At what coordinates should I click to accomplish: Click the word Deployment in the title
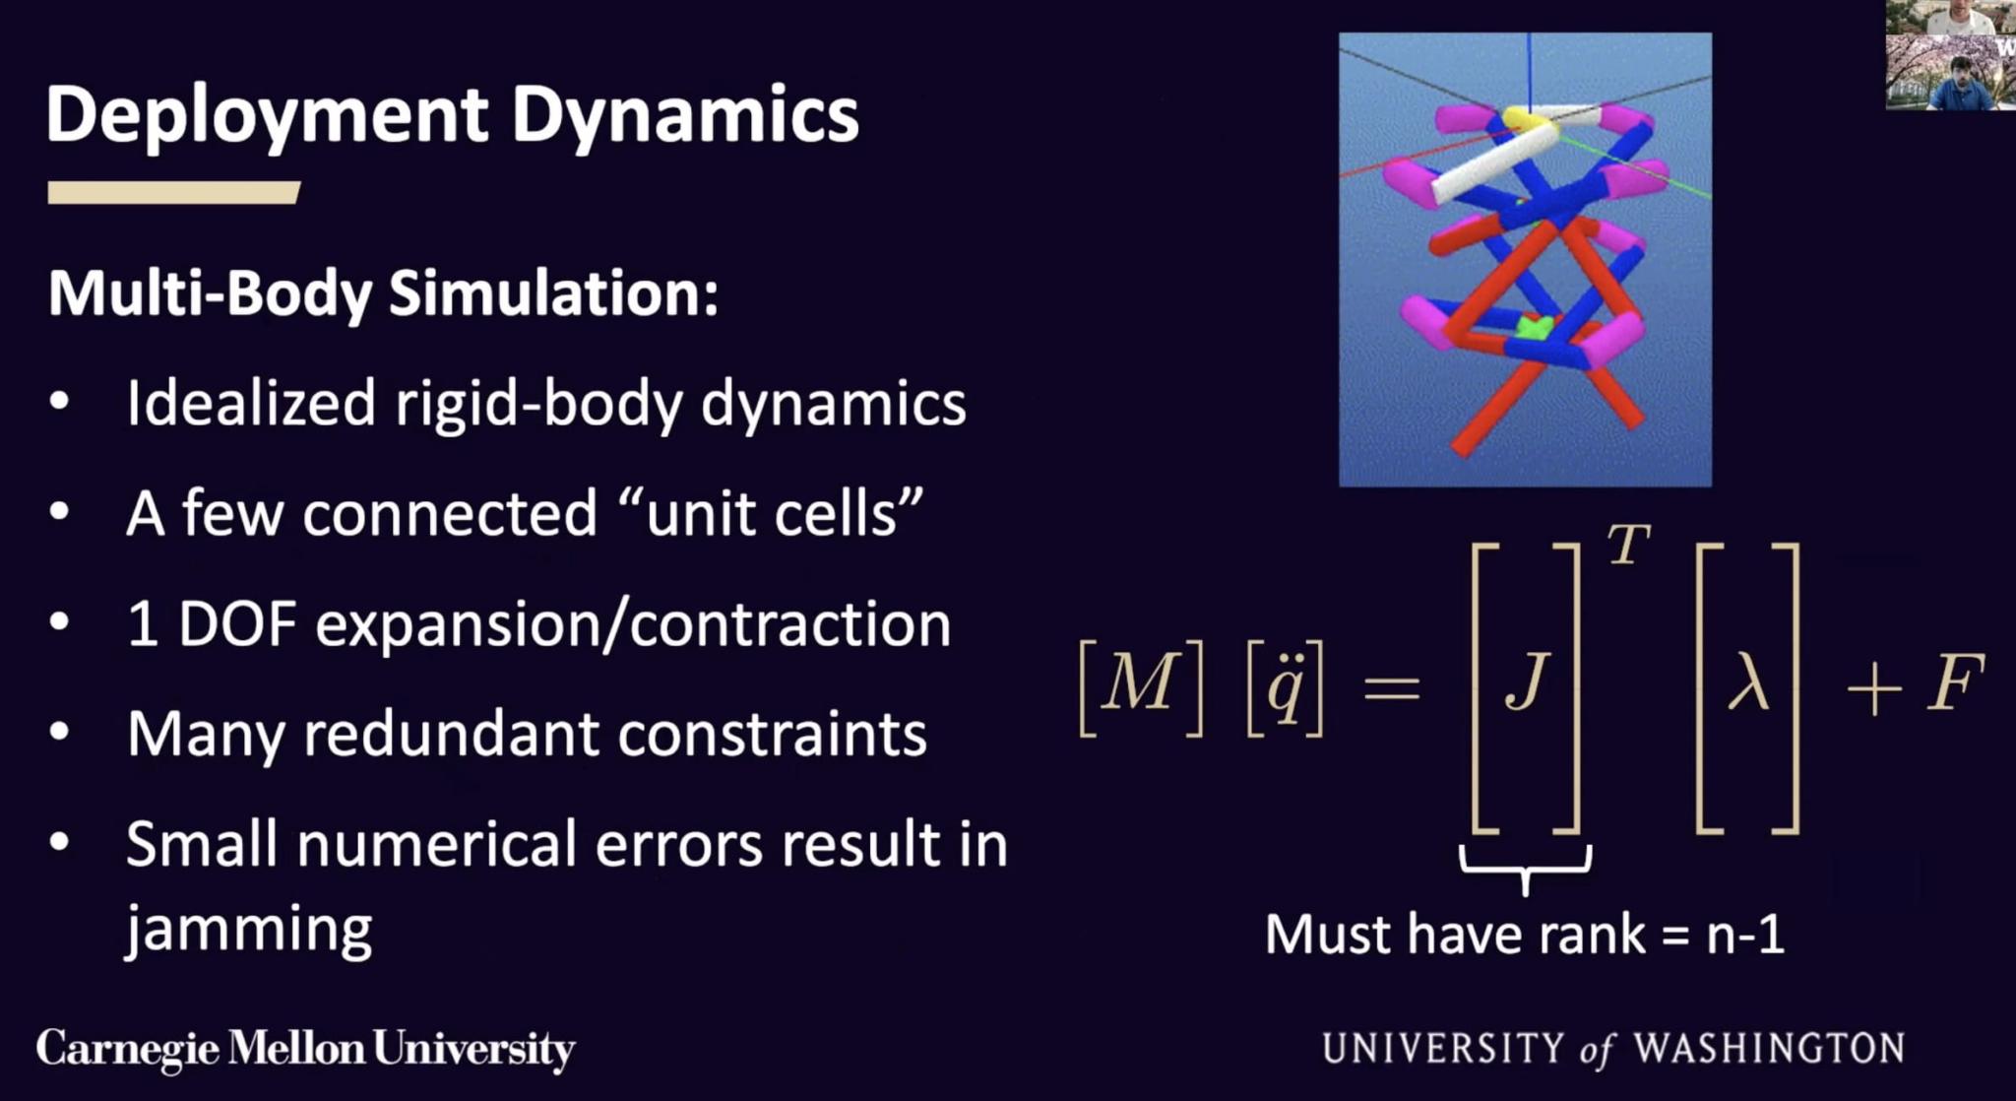pos(267,117)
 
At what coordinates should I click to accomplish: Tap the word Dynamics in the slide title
pos(685,117)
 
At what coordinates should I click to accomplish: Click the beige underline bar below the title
pos(173,192)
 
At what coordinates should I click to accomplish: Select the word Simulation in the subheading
pos(553,293)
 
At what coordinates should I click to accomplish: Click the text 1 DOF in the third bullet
pos(212,623)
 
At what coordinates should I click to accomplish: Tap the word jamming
pos(249,930)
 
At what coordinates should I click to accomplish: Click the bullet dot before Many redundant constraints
pos(60,732)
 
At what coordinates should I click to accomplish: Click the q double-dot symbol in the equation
pos(1285,686)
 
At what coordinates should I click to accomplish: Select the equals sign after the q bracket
pos(1392,686)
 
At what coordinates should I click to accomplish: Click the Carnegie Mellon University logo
pos(306,1050)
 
